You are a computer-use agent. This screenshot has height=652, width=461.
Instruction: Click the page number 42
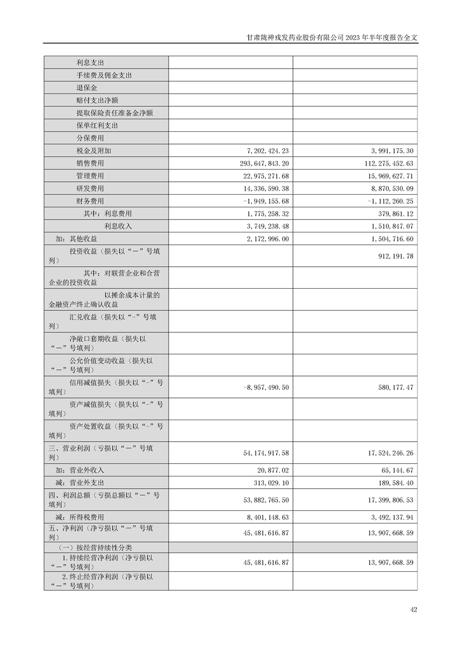413,610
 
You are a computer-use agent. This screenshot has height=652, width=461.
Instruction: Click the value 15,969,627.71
383,176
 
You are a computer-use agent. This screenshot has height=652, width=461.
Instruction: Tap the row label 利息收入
118,226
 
